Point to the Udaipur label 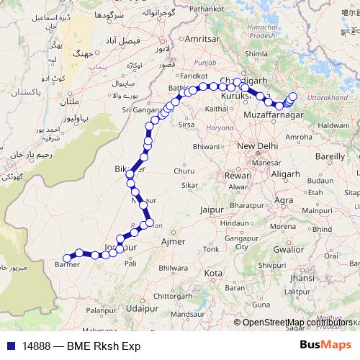coord(141,307)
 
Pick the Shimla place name coord(256,53)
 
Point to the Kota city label coord(213,274)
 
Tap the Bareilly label coord(330,155)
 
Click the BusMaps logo coord(326,345)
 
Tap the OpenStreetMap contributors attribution coord(297,323)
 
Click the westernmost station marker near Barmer coord(67,257)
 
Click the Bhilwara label coord(173,267)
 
